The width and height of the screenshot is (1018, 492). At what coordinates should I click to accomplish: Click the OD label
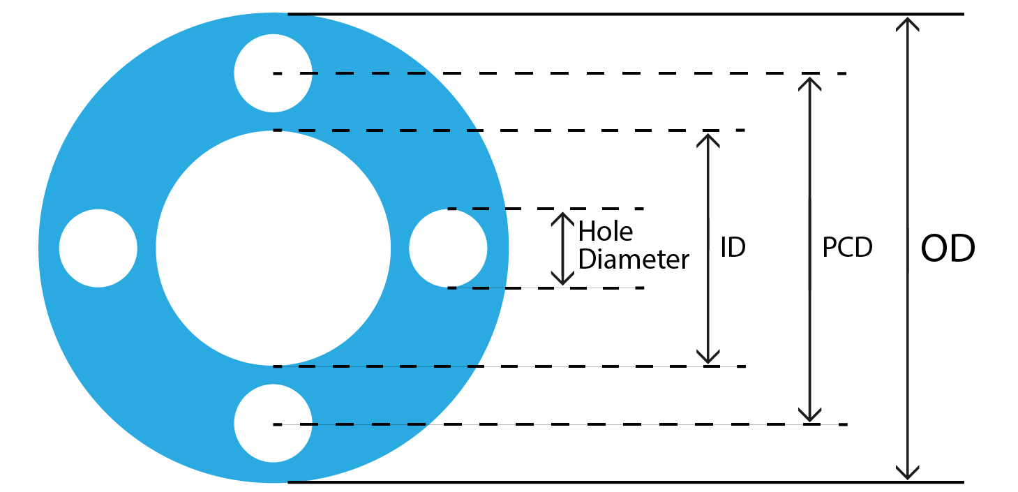[x=948, y=249]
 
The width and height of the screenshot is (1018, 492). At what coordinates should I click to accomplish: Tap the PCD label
[x=847, y=248]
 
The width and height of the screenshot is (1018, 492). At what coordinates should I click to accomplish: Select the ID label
[x=733, y=248]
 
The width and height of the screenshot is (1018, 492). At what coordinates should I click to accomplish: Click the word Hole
[x=605, y=231]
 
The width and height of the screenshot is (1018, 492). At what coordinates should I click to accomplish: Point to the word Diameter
[x=634, y=260]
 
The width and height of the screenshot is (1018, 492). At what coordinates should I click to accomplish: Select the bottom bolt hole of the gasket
[x=273, y=424]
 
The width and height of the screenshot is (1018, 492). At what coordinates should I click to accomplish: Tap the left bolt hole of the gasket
[x=98, y=248]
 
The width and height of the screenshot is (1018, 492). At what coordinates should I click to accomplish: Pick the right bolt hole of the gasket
[x=447, y=248]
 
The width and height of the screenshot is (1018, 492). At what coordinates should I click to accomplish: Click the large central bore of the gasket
[x=273, y=248]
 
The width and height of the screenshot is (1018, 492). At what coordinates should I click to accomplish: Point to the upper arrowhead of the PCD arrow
[x=809, y=84]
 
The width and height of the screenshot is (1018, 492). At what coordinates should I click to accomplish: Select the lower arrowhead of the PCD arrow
[x=809, y=414]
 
